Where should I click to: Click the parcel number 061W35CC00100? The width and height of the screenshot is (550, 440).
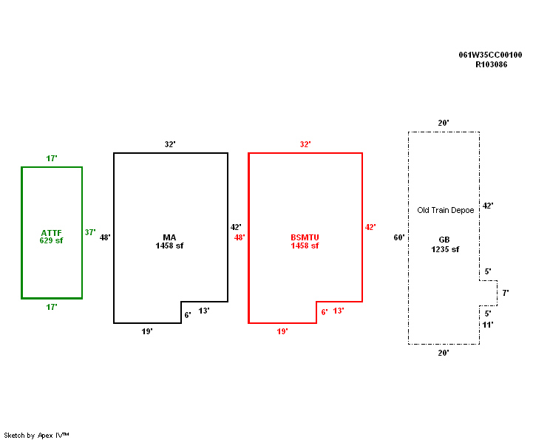point(490,55)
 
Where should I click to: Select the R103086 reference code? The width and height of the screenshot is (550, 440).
point(491,64)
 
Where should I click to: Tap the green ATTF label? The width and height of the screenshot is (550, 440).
point(52,233)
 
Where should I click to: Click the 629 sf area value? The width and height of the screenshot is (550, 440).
point(52,241)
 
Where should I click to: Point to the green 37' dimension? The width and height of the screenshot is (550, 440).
point(90,232)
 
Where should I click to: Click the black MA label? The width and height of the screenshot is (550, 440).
point(169,237)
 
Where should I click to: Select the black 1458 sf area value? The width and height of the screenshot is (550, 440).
point(169,246)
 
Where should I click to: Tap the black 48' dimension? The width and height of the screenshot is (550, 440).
point(105,237)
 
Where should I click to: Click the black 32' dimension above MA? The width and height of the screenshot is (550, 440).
point(170,144)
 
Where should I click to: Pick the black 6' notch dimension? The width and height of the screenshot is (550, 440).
point(188,314)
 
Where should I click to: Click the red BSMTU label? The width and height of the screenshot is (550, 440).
point(305,237)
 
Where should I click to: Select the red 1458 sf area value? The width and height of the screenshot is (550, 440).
point(305,246)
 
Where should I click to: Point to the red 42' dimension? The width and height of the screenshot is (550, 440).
point(370,227)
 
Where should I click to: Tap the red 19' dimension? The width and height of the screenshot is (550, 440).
point(282,332)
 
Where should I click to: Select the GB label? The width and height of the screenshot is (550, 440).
point(444,240)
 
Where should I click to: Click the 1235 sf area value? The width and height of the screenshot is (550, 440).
point(445,249)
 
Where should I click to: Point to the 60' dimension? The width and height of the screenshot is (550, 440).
point(399,237)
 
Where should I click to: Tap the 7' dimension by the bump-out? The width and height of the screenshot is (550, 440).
point(506,293)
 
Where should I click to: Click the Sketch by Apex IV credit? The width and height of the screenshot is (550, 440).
point(36,435)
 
